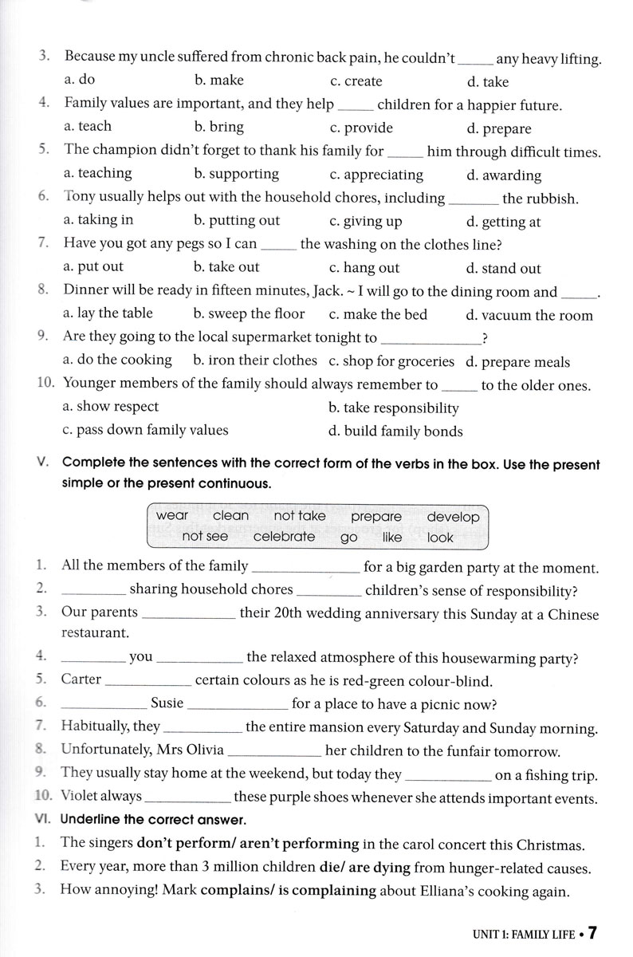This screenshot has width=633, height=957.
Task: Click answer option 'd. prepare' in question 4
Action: click(498, 128)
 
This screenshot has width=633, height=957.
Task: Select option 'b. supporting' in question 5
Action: click(236, 174)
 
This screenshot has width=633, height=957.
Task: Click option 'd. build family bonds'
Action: click(395, 431)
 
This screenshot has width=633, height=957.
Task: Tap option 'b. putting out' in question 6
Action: click(237, 221)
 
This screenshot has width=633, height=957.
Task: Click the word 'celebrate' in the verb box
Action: click(284, 537)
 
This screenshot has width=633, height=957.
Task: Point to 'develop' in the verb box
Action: click(453, 517)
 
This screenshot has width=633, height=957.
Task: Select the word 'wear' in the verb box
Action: click(172, 516)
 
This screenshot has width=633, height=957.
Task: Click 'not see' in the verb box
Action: click(205, 537)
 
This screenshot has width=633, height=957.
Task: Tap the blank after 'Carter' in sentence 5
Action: click(148, 682)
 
